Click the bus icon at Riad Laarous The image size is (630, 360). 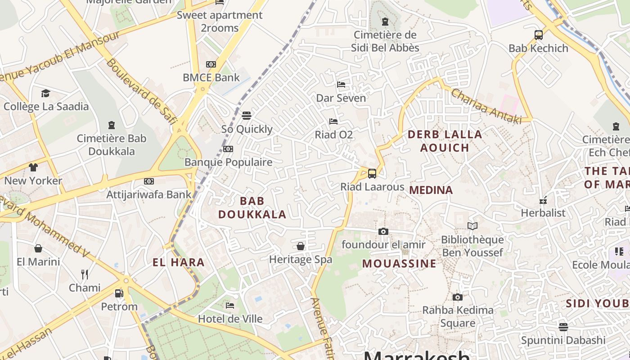coord(372,173)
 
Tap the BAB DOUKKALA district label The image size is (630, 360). coord(252,207)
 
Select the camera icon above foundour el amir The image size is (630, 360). coord(383,231)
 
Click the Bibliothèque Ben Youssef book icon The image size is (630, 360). coord(472,226)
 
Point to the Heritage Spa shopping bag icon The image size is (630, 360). coord(300,246)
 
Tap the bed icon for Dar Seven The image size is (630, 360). coord(341,85)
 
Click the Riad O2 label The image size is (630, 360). coord(333,135)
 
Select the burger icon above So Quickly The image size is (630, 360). coord(246,116)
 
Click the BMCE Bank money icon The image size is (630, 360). coord(211,64)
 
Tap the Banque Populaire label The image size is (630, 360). coord(229,162)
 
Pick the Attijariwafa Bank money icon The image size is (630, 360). coord(149,181)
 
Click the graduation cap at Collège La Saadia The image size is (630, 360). coord(45,93)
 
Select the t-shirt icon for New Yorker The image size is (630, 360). coord(33,167)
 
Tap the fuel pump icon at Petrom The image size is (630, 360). coord(119,293)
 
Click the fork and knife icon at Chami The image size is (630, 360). coord(85,274)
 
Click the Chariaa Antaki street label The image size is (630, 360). coord(486,106)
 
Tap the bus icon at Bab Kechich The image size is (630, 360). coord(538,35)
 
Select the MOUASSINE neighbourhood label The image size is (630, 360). coord(399,264)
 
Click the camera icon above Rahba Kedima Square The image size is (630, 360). coord(457,297)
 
